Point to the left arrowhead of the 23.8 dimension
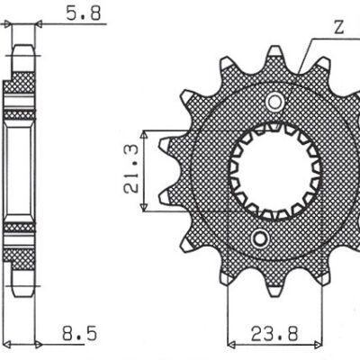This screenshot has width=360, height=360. [231, 343]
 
